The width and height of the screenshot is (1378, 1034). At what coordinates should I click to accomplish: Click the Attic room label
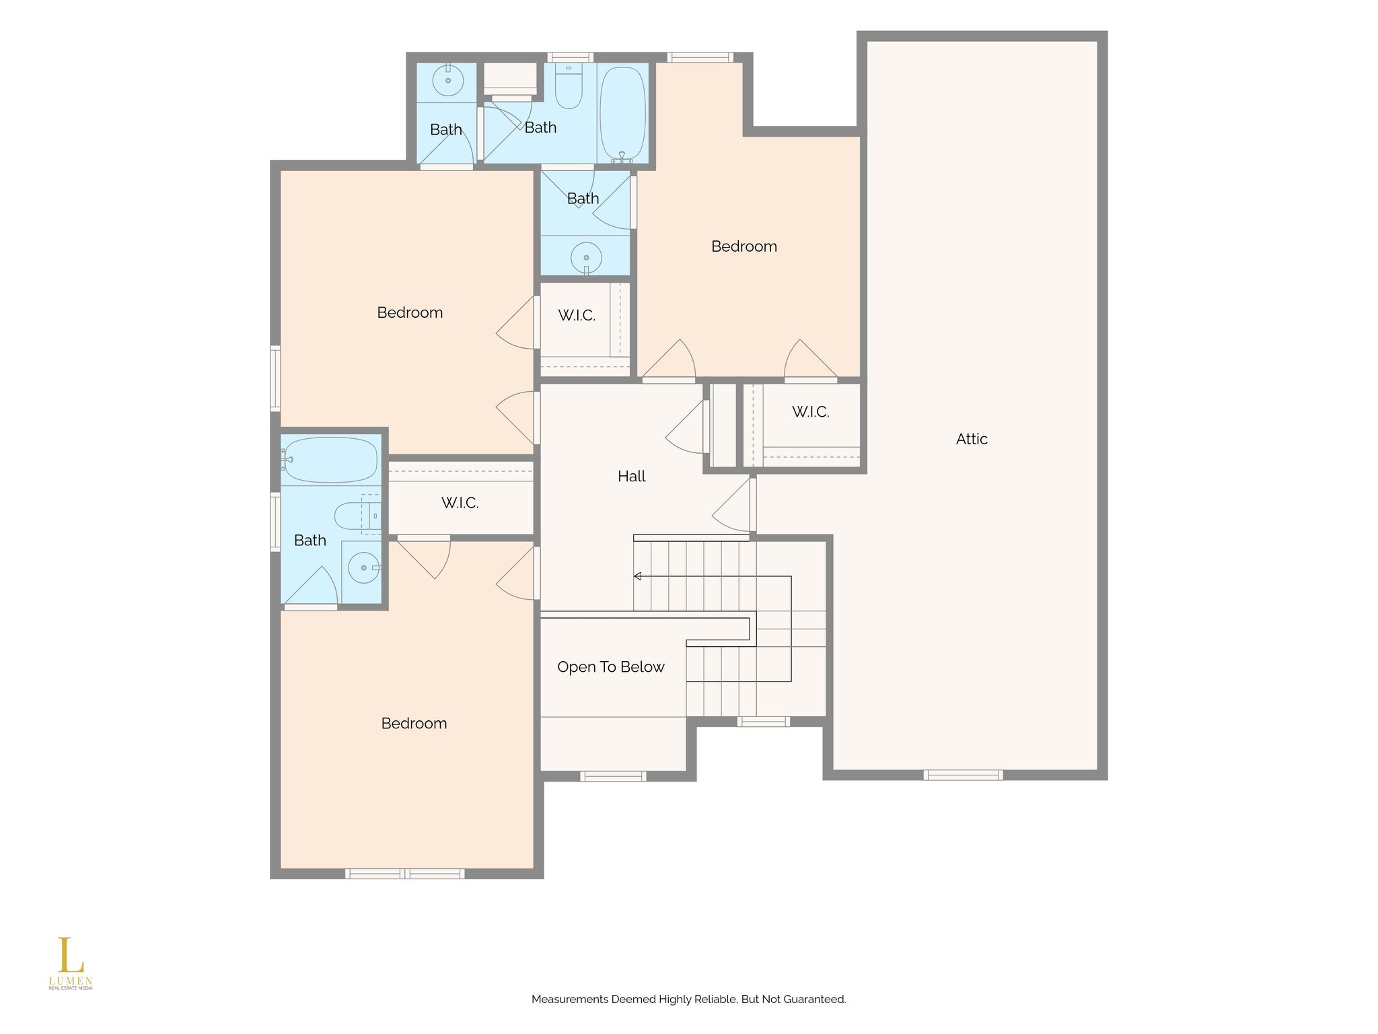point(972,439)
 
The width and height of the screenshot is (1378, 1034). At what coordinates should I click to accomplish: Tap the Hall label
point(631,477)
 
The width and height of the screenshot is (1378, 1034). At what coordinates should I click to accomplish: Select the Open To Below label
point(611,667)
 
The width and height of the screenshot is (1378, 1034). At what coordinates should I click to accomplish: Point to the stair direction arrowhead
point(637,576)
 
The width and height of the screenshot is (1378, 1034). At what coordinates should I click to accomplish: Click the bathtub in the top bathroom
point(622,114)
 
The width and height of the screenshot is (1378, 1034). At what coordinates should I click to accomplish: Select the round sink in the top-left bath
point(447,81)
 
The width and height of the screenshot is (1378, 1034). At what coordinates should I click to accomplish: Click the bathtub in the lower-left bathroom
point(330,460)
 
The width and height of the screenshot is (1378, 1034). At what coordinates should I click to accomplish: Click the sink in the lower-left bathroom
point(364,568)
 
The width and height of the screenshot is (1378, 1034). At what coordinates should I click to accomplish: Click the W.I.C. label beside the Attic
point(810,412)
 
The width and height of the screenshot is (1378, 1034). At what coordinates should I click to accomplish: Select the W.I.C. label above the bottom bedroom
point(460,503)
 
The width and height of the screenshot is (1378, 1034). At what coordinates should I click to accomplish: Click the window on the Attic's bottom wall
point(964,775)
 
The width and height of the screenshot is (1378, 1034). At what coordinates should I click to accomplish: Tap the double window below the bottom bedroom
point(405,874)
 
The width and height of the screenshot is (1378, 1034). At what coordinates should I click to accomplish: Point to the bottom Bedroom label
point(414,724)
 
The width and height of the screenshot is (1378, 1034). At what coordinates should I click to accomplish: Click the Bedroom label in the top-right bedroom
point(744,246)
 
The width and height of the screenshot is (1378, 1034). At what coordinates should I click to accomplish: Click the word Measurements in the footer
point(569,1000)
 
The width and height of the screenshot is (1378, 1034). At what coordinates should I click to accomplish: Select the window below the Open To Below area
point(613,776)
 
